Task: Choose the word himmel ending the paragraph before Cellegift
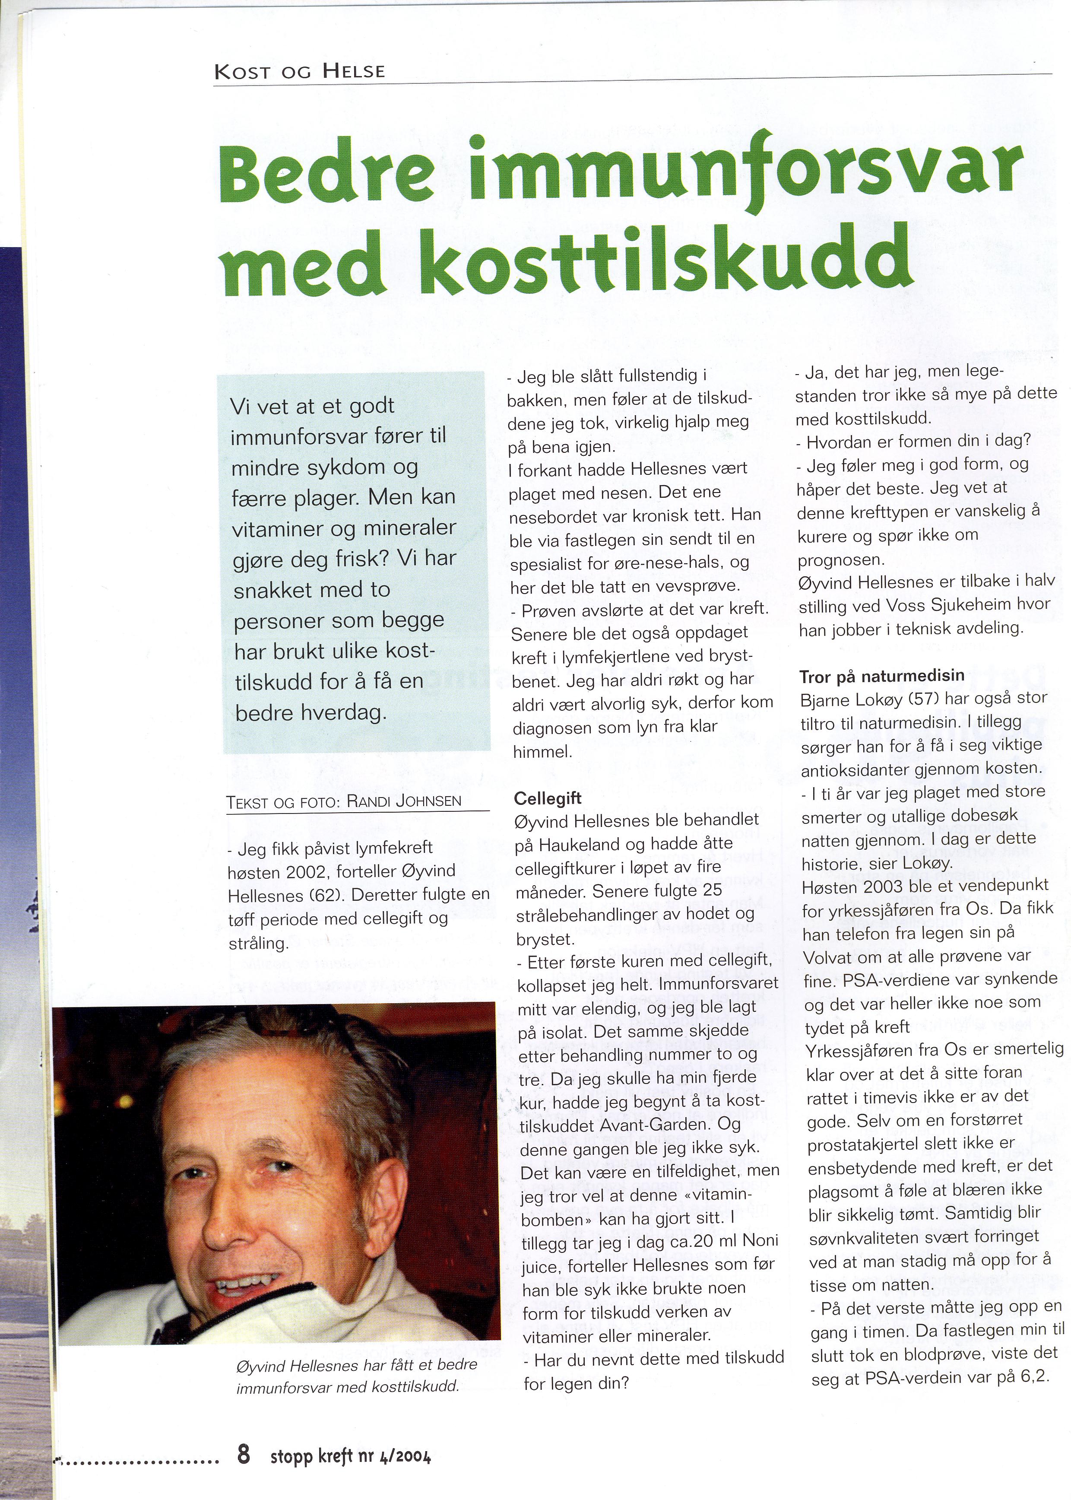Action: point(542,751)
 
